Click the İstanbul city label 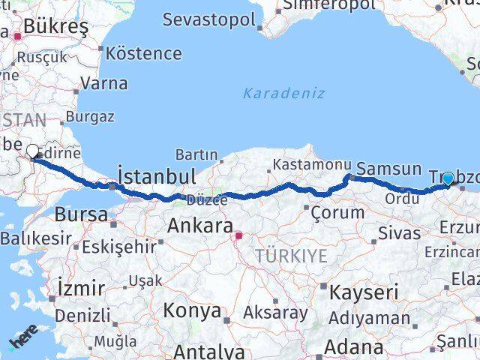click(x=157, y=177)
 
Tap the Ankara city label click(x=194, y=224)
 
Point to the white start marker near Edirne click(x=34, y=151)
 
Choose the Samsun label click(x=388, y=169)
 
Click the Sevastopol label click(x=209, y=20)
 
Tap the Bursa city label click(x=81, y=214)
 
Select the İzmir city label click(x=80, y=288)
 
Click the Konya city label click(x=193, y=310)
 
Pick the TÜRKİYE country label click(x=291, y=256)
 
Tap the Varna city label click(x=103, y=83)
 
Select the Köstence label click(x=144, y=53)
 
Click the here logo click(x=22, y=340)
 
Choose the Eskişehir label click(x=120, y=245)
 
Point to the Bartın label click(x=196, y=154)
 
